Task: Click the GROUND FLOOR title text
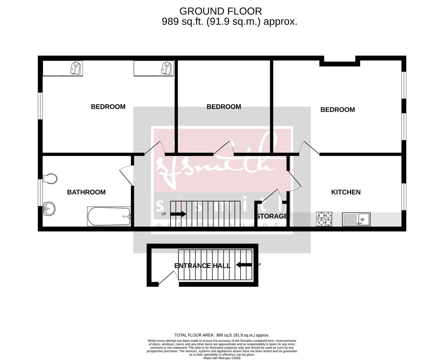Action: click(x=221, y=11)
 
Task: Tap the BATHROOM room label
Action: click(x=86, y=192)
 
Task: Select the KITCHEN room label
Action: click(x=346, y=192)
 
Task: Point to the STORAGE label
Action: click(x=272, y=216)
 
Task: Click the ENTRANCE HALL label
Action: click(x=202, y=266)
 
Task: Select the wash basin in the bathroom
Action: click(x=49, y=209)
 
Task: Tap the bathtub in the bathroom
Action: click(x=109, y=216)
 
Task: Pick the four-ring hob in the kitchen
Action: click(x=324, y=219)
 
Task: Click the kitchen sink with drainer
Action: click(x=356, y=219)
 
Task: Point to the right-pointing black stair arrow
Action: click(x=178, y=214)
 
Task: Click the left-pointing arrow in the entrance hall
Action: click(x=244, y=265)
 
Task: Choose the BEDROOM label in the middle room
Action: click(x=223, y=107)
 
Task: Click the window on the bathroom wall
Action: click(x=40, y=193)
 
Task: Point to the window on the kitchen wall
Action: click(x=404, y=197)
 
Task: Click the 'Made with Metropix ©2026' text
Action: click(x=222, y=358)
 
